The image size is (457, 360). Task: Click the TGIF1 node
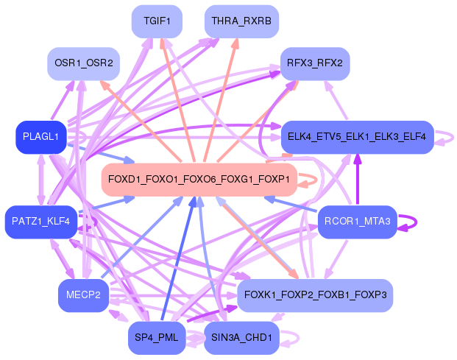[157, 21]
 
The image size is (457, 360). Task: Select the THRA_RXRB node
[241, 21]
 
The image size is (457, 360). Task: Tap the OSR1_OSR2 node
[84, 63]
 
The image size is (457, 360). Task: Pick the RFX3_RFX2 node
[315, 63]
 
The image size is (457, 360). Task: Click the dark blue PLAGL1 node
[40, 137]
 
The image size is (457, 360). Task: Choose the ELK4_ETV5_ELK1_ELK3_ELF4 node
[357, 137]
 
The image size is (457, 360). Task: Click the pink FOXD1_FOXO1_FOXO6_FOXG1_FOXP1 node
[199, 180]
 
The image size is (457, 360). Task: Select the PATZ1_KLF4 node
[41, 222]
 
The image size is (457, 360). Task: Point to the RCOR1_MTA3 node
[358, 222]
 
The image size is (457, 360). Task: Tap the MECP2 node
[83, 295]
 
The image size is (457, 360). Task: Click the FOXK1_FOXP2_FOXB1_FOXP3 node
[315, 295]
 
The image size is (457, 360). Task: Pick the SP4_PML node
[157, 338]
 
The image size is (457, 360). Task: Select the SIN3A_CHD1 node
[241, 338]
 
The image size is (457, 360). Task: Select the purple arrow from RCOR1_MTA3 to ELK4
[358, 180]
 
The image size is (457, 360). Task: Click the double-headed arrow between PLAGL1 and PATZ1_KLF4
[41, 180]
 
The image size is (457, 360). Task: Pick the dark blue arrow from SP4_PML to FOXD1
[178, 258]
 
